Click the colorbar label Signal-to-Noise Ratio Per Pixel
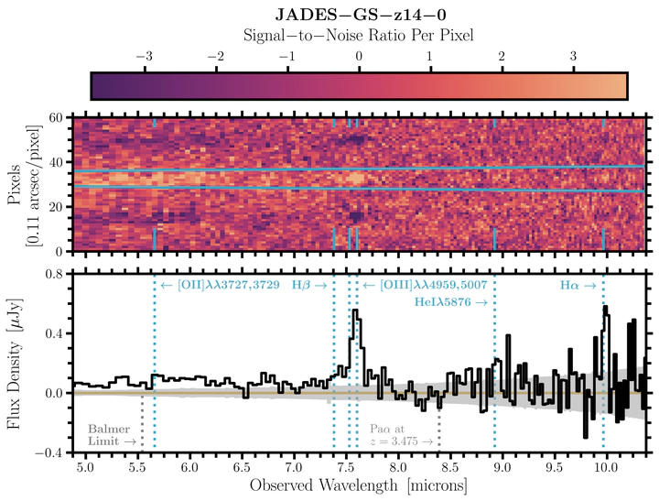[x=359, y=35]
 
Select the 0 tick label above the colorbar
[x=359, y=55]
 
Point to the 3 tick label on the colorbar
[x=574, y=55]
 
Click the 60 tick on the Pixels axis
[x=55, y=119]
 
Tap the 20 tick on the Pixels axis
[x=55, y=207]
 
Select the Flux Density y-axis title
[x=20, y=364]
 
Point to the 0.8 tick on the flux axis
[x=51, y=274]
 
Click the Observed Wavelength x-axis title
[x=359, y=484]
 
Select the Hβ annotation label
[x=309, y=286]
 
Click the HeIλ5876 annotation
[x=450, y=301]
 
